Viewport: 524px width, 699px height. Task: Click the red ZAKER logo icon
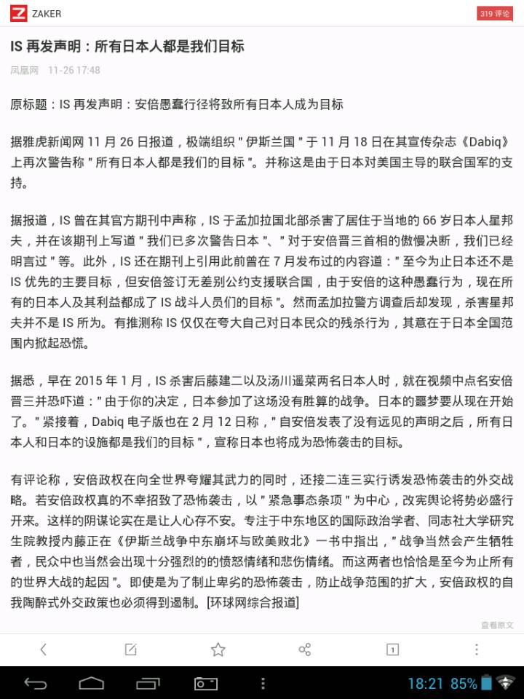(19, 14)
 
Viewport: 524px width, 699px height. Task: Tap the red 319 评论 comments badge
(495, 14)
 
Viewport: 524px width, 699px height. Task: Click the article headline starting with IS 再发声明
(127, 47)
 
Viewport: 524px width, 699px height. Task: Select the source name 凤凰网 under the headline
(24, 71)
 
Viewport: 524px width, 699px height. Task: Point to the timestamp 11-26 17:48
(74, 71)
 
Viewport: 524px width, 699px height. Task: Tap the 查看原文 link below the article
(497, 625)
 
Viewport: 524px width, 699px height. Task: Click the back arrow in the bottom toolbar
(44, 649)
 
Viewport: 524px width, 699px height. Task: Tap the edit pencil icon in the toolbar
(131, 649)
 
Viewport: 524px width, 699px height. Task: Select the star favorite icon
(218, 649)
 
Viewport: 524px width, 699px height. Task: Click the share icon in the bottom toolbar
(305, 649)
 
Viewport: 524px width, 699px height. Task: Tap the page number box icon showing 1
(392, 649)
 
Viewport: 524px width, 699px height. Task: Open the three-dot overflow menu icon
(477, 649)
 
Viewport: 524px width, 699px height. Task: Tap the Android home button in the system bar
(92, 683)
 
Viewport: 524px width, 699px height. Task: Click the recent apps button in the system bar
(148, 683)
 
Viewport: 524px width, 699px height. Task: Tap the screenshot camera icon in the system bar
(205, 683)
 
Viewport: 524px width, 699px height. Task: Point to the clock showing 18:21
(426, 684)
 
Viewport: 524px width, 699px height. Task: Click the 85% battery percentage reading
(464, 684)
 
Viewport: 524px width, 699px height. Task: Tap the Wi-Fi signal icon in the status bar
(506, 683)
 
